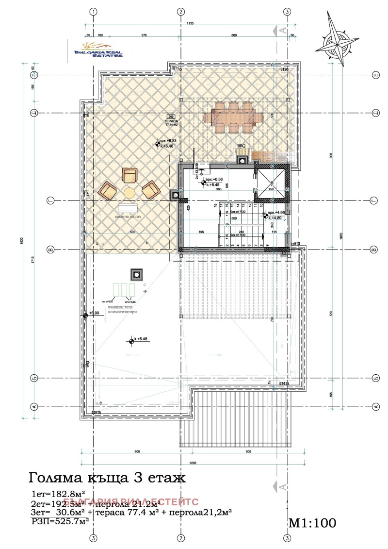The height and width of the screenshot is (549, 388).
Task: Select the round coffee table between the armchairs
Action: [129, 193]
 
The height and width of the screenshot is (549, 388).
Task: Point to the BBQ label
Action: [241, 146]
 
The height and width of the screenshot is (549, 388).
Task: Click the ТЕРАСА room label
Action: [171, 121]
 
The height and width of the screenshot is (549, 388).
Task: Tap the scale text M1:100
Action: [312, 523]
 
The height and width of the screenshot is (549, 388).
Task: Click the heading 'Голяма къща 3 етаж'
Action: [108, 478]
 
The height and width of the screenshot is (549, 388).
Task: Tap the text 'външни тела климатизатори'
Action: [122, 309]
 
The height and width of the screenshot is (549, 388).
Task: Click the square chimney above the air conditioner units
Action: [137, 275]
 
